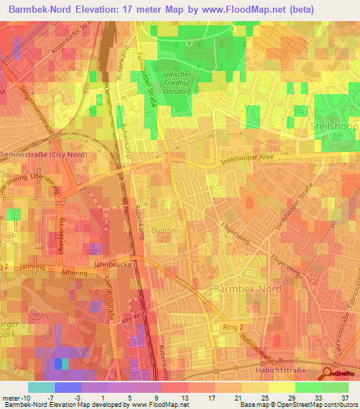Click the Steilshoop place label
pos(334,126)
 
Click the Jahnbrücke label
pos(110,266)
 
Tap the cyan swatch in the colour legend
pos(41,387)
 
